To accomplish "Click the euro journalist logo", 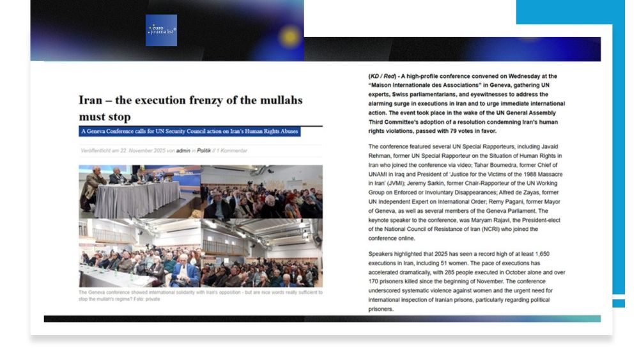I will click(x=161, y=30).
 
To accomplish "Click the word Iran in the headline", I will click(x=91, y=100).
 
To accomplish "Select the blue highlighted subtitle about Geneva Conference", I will click(x=189, y=131).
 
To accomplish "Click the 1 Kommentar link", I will click(x=232, y=151).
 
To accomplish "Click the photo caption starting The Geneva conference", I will click(x=199, y=295).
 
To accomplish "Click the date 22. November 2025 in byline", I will click(x=136, y=151).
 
